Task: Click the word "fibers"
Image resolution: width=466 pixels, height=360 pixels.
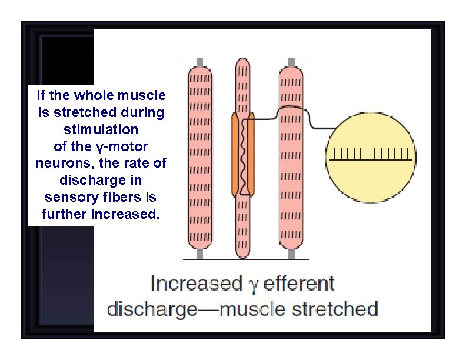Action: click(114, 196)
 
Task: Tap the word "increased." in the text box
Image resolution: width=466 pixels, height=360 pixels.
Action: click(125, 214)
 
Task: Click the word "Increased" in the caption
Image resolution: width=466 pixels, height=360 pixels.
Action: click(193, 284)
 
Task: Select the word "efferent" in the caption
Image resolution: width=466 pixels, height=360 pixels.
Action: click(299, 284)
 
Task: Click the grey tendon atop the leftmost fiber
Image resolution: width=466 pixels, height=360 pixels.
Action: click(200, 62)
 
